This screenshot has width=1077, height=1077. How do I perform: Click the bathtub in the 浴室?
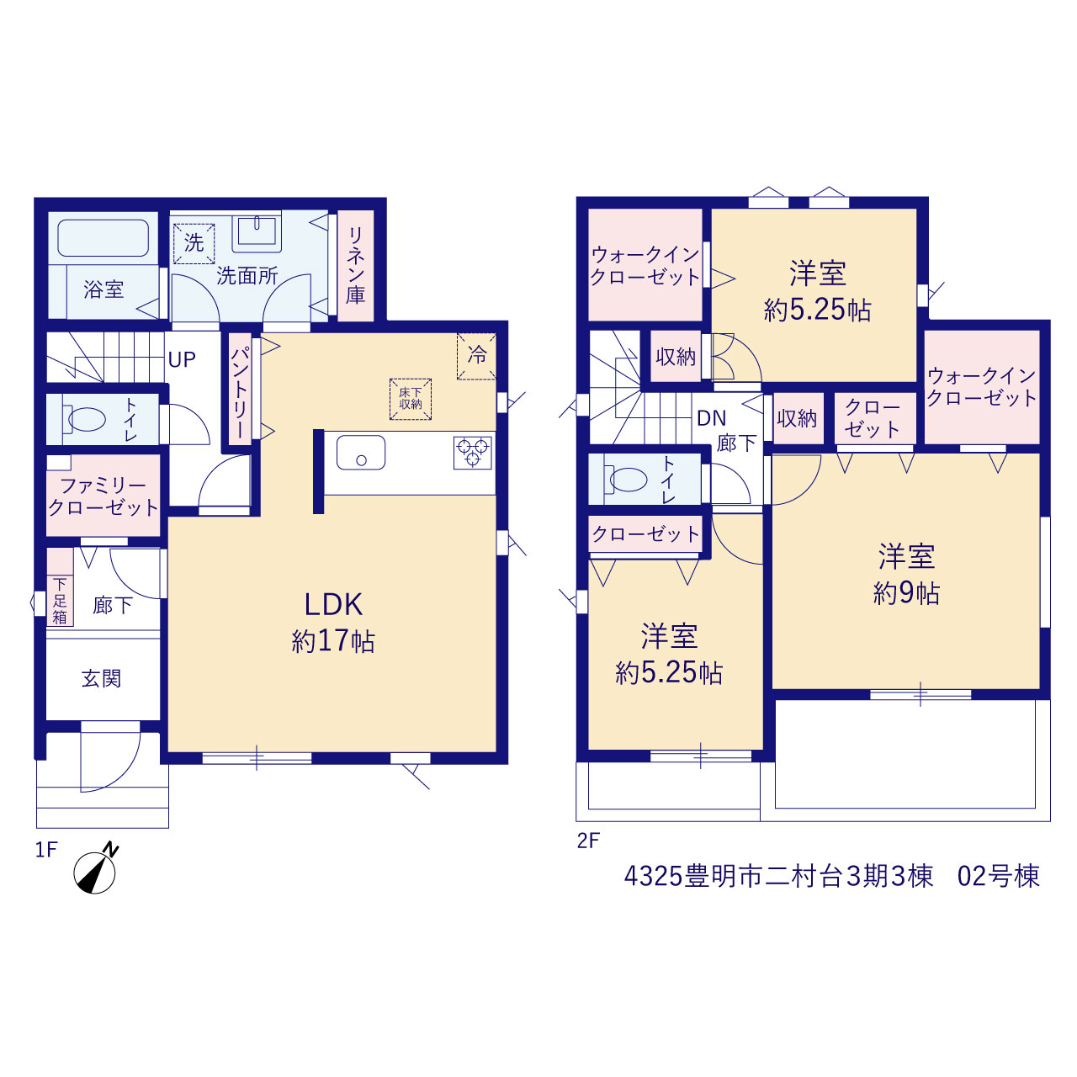point(103,237)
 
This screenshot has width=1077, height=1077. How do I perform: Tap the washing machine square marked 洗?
point(194,243)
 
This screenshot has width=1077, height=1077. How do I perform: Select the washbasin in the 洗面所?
point(257,231)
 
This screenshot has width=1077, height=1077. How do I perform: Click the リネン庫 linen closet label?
point(355,265)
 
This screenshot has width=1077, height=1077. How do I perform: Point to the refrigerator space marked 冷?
point(476,356)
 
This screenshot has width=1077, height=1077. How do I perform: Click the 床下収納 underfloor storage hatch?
point(411,399)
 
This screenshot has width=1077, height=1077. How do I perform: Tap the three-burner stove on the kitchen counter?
point(473,452)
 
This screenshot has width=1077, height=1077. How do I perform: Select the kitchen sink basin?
point(360,452)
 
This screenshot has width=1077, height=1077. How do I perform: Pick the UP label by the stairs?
point(182,359)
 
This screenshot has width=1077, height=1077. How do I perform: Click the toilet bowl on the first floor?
point(86,419)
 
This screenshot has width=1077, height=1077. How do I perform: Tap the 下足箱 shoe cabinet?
point(60,600)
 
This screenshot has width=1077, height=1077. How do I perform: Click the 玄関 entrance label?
point(101,678)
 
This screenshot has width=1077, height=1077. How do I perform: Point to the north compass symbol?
point(96,870)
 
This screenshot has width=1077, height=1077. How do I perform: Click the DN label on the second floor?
point(712,418)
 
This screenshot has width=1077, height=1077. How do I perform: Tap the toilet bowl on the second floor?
point(629,479)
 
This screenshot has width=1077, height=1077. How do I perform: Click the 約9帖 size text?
point(906,593)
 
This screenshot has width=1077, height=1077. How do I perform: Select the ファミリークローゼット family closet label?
point(103,497)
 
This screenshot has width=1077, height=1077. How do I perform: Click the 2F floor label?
point(588,841)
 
